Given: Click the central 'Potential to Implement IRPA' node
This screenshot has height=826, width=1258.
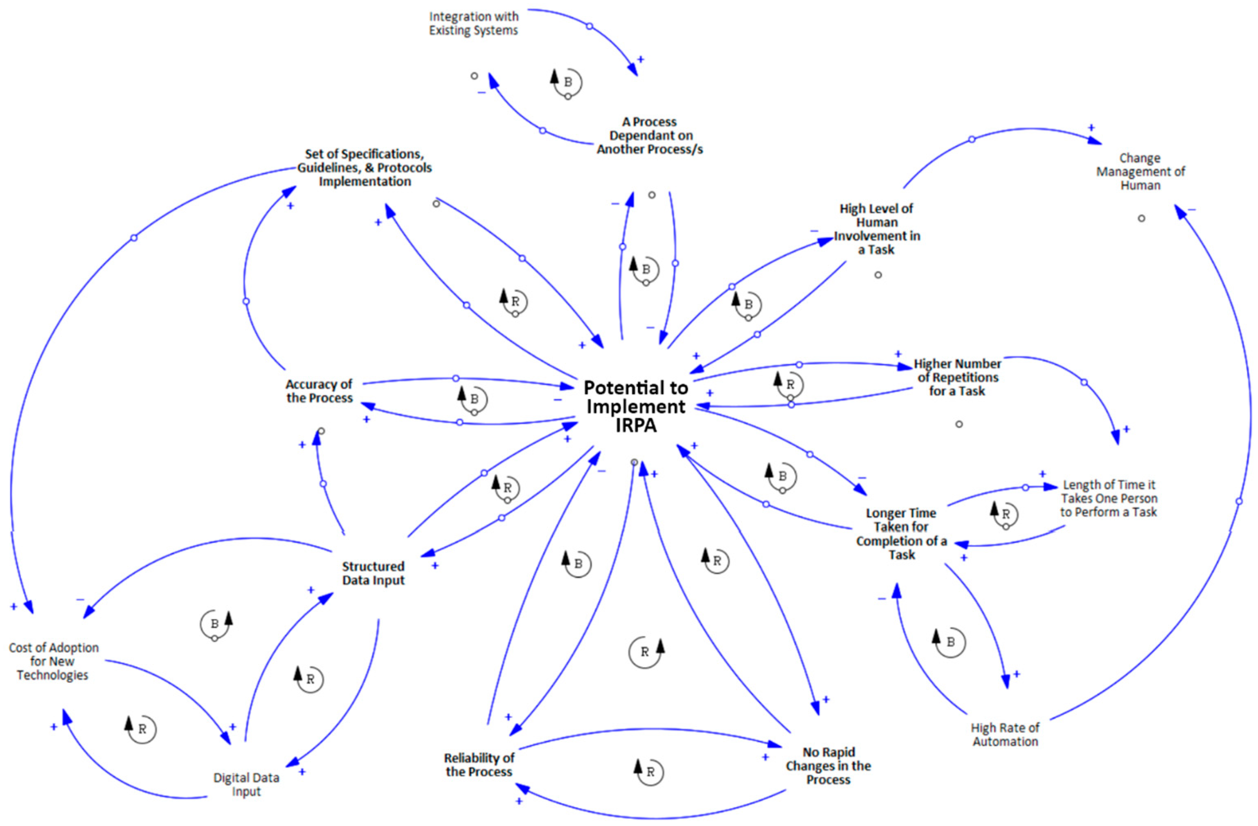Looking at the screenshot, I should [x=635, y=406].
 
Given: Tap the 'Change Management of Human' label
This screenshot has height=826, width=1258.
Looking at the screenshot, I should [x=1140, y=172].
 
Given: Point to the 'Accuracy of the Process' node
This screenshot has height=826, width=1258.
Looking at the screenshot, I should [x=319, y=391].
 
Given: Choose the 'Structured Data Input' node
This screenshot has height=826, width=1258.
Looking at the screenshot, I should [x=373, y=573].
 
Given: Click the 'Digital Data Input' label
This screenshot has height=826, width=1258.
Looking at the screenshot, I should [x=246, y=784].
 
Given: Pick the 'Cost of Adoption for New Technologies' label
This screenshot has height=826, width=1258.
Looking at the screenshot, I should [x=53, y=661].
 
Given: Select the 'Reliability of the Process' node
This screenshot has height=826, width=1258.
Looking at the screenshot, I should [x=479, y=765].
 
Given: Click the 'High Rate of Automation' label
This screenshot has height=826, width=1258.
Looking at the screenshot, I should [x=1005, y=734].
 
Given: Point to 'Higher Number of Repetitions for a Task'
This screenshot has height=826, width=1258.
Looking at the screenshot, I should [x=957, y=377].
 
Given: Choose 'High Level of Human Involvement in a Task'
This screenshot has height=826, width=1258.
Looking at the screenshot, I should [x=876, y=229].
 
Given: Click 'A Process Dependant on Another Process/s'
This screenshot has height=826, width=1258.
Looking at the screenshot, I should [x=650, y=136].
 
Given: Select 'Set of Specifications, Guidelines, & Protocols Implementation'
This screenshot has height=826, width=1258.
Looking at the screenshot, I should [x=364, y=168].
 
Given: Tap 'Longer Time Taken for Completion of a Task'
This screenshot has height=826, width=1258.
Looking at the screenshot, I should [x=901, y=533].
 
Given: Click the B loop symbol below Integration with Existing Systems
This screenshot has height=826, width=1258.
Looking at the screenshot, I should [x=567, y=83].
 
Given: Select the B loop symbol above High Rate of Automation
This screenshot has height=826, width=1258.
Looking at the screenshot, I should [x=950, y=642].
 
